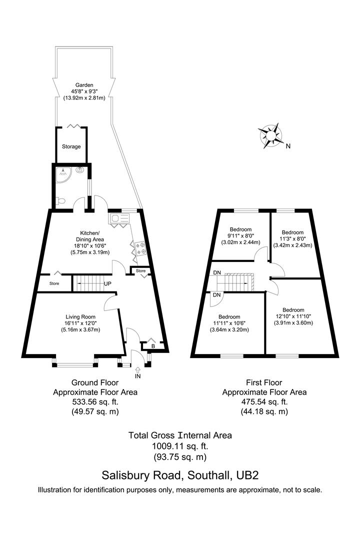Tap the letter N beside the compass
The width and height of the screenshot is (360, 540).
click(288, 146)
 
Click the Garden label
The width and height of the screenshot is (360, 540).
click(84, 85)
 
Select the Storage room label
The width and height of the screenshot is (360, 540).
click(71, 146)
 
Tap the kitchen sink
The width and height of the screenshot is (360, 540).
click(119, 218)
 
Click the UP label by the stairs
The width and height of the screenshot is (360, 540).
click(107, 284)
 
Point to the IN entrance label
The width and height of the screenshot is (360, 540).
click(138, 376)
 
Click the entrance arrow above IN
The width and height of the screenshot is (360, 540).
click(138, 370)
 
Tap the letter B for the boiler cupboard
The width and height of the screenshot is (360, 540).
click(153, 346)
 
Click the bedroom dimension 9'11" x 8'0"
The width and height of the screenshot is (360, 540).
click(240, 236)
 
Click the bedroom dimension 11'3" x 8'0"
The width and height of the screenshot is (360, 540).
click(292, 238)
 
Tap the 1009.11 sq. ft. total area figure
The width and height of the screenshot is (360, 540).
click(180, 446)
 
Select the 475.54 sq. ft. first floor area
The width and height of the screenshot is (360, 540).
click(264, 401)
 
